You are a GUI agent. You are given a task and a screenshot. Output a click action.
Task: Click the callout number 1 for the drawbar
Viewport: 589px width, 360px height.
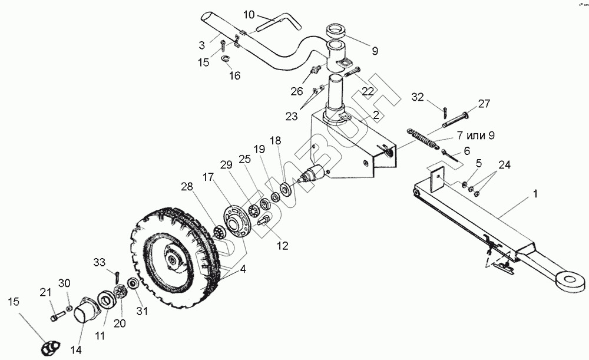535,193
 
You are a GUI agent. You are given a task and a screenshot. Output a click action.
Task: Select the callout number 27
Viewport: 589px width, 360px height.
484,104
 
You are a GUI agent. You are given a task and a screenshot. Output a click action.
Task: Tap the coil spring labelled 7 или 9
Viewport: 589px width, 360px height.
422,140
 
